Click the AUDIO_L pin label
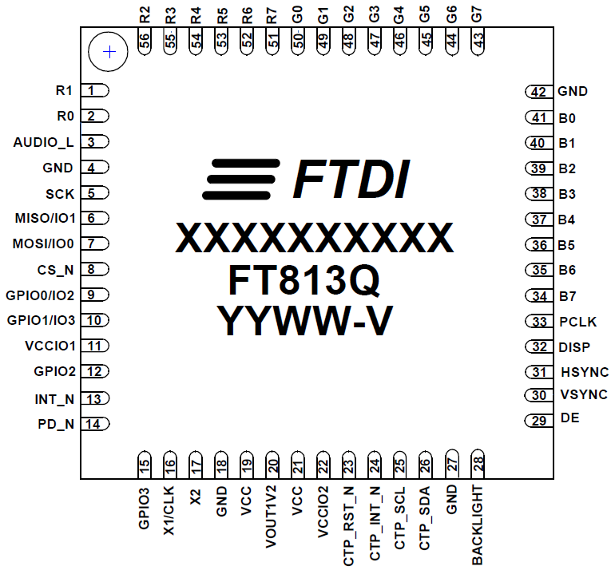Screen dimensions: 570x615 43,143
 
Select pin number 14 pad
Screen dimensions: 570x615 94,424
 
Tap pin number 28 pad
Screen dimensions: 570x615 478,465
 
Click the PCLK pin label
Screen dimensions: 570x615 577,322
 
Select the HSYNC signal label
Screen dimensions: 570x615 584,372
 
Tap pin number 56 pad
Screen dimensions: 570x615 145,42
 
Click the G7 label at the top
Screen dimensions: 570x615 477,14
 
